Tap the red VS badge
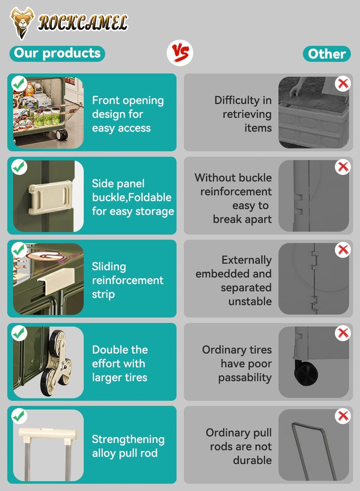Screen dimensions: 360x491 (180, 53)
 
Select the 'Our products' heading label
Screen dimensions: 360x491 (57, 53)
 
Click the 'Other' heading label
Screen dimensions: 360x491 (327, 54)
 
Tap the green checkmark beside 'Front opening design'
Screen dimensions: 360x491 (19, 84)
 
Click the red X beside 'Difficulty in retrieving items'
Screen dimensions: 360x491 (342, 84)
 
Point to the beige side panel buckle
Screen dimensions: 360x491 (50, 197)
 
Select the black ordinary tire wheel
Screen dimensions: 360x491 (306, 373)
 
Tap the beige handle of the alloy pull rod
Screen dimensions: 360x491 (48, 434)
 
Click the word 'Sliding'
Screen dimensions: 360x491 (109, 267)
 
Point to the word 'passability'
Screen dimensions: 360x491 (245, 378)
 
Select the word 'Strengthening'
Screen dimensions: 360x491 (128, 440)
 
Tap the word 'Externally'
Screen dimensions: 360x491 (247, 260)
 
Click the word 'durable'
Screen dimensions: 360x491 (252, 460)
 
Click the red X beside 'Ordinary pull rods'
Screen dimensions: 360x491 (342, 416)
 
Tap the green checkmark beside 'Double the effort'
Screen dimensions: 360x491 (19, 333)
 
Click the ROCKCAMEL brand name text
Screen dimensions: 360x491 (83, 23)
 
